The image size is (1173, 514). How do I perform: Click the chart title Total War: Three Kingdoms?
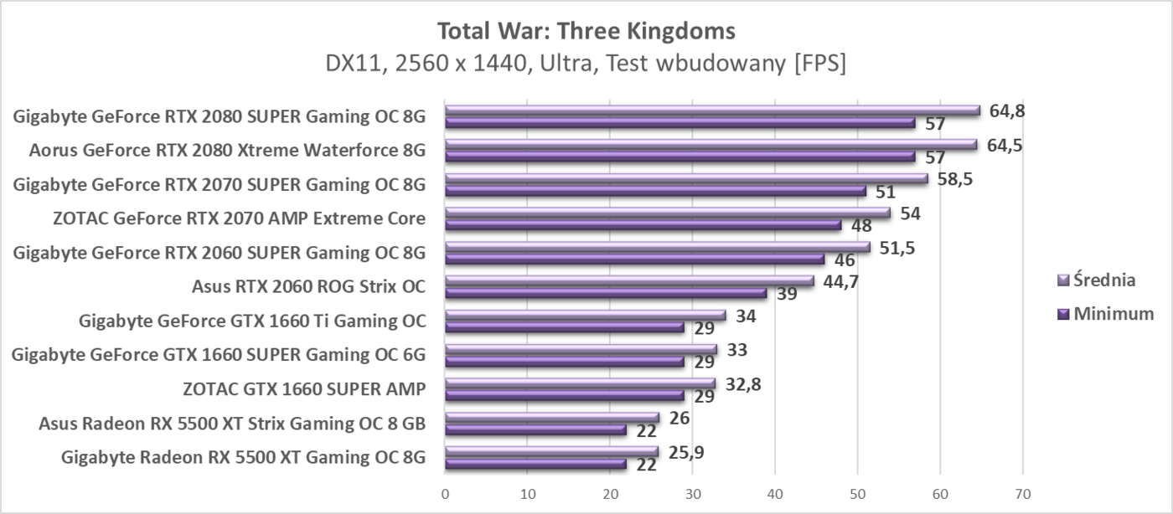(x=586, y=32)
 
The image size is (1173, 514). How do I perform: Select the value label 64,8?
(x=1006, y=111)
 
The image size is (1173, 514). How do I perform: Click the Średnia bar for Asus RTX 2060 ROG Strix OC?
(x=629, y=281)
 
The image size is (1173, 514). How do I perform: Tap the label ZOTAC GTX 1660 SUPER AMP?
(x=304, y=388)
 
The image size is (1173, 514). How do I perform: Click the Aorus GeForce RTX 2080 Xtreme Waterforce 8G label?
(x=227, y=151)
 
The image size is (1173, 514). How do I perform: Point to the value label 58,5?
(x=954, y=178)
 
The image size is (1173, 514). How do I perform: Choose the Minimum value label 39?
(x=787, y=295)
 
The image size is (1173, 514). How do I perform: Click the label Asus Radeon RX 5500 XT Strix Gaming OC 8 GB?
(x=232, y=423)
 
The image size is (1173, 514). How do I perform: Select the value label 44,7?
(x=840, y=280)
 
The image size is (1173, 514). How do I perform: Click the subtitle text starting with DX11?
(x=586, y=64)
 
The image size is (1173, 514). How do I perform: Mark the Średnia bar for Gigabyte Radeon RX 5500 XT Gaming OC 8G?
(x=551, y=452)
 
